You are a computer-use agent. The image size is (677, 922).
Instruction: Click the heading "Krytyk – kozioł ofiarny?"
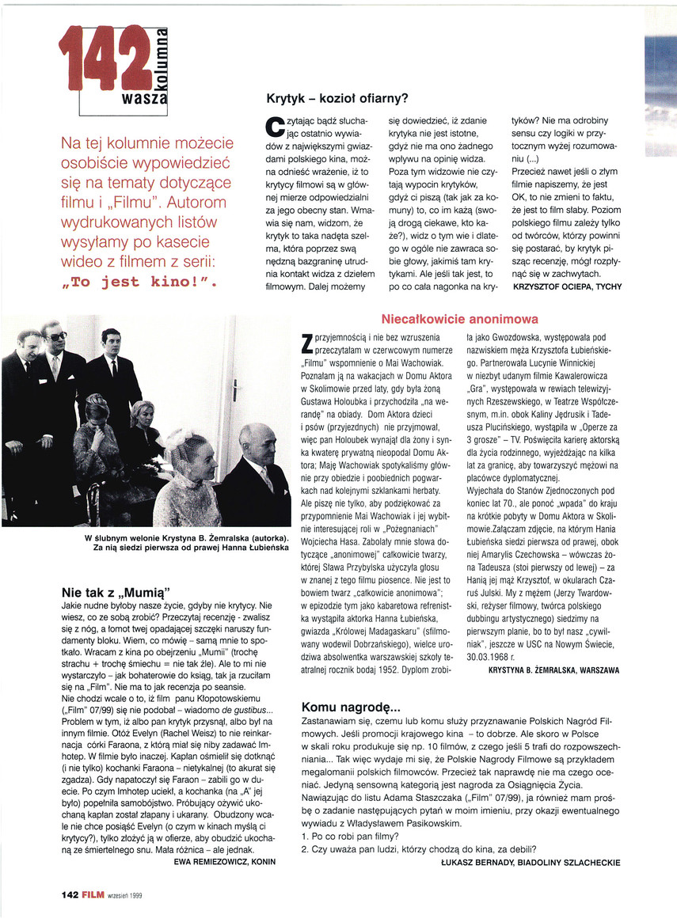tap(337, 99)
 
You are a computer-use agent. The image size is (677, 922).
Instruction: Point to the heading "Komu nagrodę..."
tap(352, 707)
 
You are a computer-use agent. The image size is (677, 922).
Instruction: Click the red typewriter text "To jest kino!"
tap(138, 281)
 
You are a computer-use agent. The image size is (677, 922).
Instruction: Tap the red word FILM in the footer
tap(93, 895)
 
